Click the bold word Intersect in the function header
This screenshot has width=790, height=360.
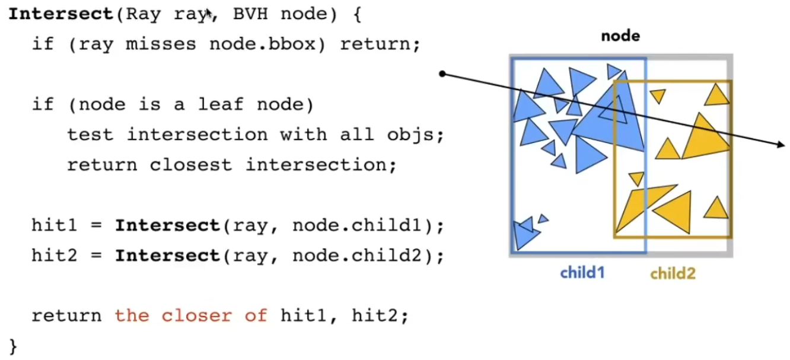tap(60, 14)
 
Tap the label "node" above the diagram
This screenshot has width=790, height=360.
tap(620, 36)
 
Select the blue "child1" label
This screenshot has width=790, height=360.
tap(582, 273)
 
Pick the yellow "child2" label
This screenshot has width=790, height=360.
tap(673, 273)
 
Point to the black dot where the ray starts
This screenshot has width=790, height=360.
tap(442, 74)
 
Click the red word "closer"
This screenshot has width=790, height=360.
tap(196, 316)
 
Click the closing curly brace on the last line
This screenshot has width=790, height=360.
tap(14, 346)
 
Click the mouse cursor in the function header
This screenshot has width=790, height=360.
tap(208, 12)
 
